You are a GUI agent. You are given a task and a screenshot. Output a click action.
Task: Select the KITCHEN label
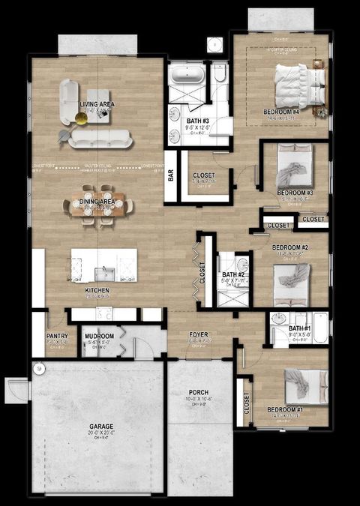pos(98,289)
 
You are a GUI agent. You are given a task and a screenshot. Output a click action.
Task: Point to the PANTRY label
pos(57,336)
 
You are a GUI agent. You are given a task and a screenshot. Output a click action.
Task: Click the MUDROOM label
pos(98,336)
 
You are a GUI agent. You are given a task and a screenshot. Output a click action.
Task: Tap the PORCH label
pos(199,392)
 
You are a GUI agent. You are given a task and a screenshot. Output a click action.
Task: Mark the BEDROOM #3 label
pos(295,193)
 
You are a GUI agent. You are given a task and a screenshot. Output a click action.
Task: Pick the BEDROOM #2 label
pos(289,247)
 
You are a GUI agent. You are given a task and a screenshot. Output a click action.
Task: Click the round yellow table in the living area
pos(82,117)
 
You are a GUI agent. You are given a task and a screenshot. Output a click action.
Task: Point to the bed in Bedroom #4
pos(298,85)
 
